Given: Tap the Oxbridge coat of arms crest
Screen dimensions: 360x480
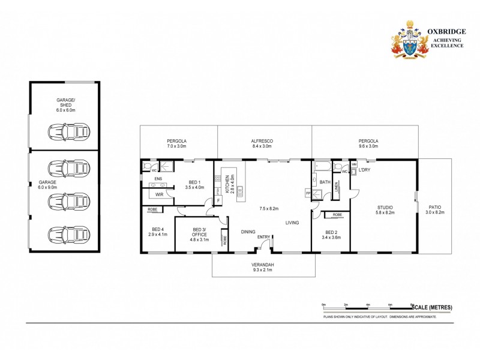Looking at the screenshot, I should point(410,39).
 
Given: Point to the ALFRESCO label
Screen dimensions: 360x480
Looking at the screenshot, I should point(262,141).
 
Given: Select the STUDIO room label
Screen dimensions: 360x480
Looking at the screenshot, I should point(385,207).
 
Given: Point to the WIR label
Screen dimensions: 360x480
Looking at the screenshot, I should point(160,194).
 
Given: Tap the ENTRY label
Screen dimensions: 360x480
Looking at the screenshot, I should point(264,237).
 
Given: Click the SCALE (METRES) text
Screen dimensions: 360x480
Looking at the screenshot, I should point(432,307).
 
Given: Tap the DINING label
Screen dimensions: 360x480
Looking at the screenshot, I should point(248,232).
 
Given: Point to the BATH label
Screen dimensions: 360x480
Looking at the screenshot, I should point(325,182).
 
